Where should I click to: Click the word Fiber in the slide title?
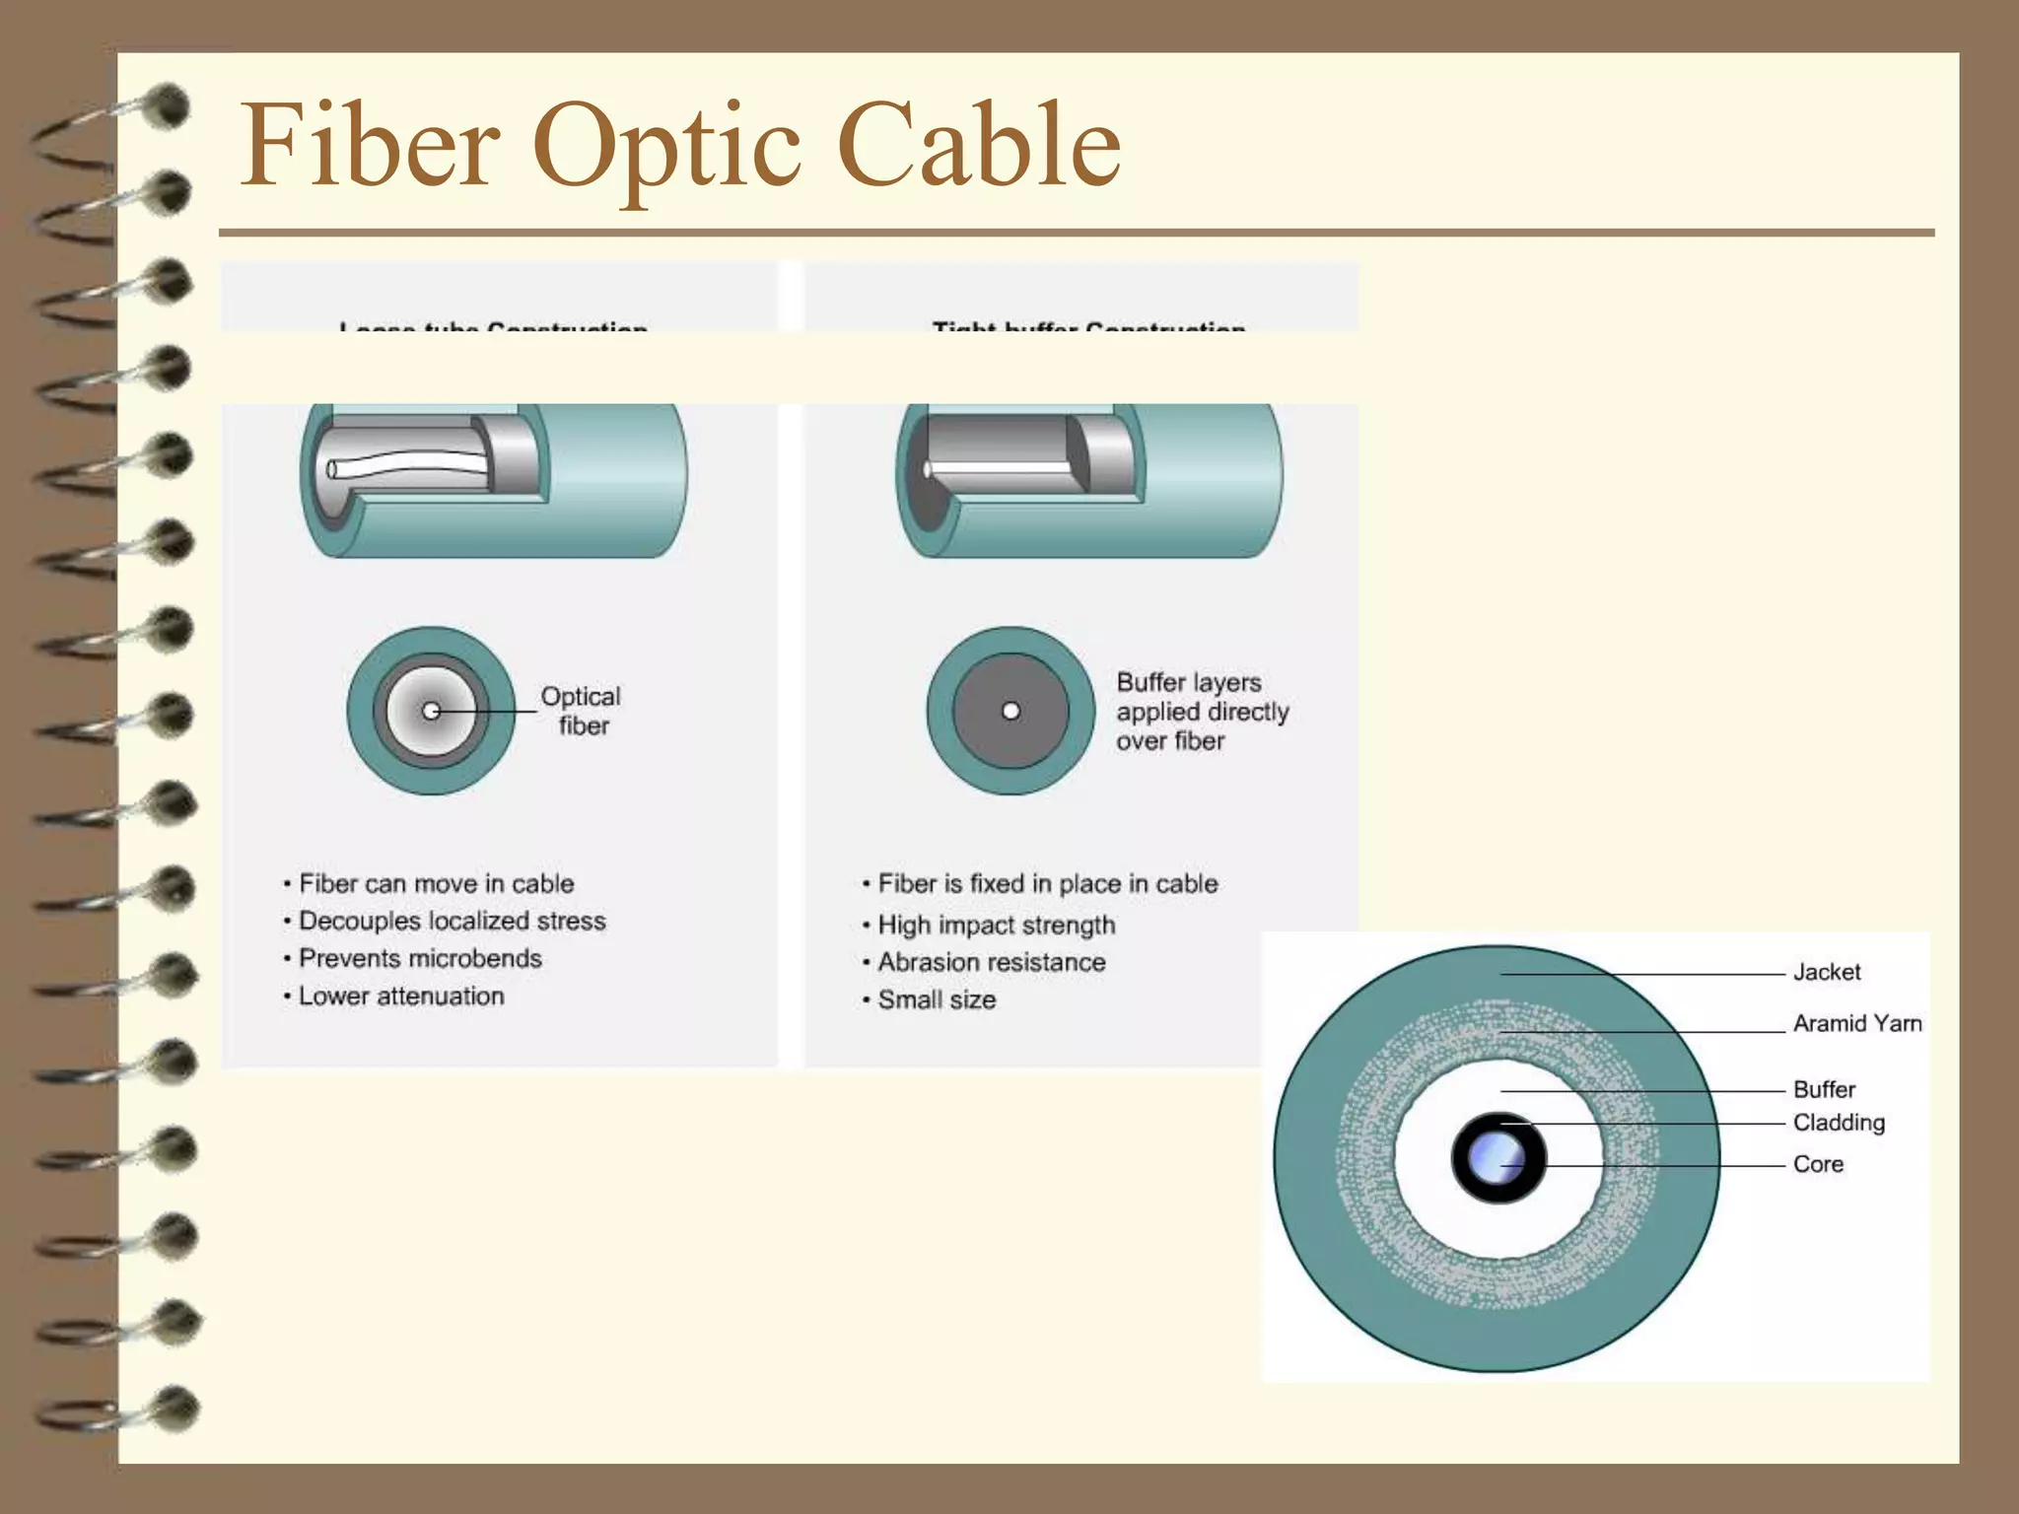tap(370, 145)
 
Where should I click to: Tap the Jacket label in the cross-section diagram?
tap(1826, 973)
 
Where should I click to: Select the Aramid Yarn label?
tap(1856, 1024)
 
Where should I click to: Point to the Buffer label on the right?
tap(1824, 1090)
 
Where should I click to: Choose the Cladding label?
tap(1839, 1123)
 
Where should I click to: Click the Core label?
tap(1818, 1165)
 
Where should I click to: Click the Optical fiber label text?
tap(581, 711)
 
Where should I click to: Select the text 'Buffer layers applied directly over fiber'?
tap(1202, 712)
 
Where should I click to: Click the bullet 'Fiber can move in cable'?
tap(436, 884)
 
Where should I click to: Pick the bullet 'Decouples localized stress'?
tap(452, 922)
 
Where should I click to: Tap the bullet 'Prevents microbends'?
tap(420, 959)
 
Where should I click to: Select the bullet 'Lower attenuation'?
tap(401, 997)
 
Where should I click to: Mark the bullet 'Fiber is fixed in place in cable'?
tap(1047, 884)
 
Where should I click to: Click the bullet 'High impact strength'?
tap(996, 926)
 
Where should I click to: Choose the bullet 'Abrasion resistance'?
tap(991, 963)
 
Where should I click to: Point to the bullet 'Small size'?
tap(937, 1000)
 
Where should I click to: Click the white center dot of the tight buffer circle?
tap(1010, 711)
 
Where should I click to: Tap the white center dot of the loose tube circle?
tap(431, 711)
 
